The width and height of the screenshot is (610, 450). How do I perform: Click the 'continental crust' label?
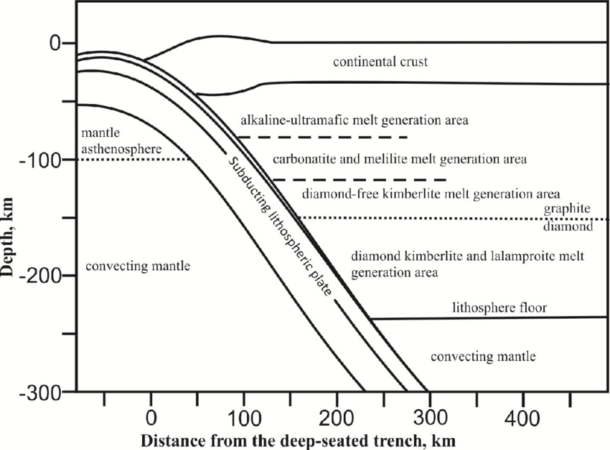pyautogui.click(x=380, y=62)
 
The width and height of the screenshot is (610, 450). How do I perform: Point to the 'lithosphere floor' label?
pyautogui.click(x=499, y=308)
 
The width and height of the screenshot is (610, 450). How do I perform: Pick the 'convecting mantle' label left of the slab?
pyautogui.click(x=137, y=267)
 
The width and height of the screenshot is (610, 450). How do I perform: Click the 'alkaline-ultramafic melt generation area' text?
pyautogui.click(x=355, y=120)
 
